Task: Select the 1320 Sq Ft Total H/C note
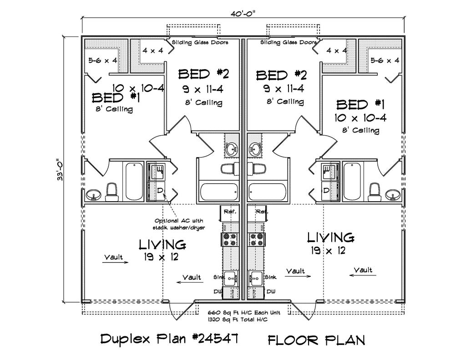pyautogui.click(x=237, y=320)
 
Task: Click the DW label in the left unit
pyautogui.click(x=216, y=291)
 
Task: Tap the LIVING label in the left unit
pyautogui.click(x=162, y=245)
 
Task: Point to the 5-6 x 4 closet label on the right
pyautogui.click(x=385, y=60)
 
